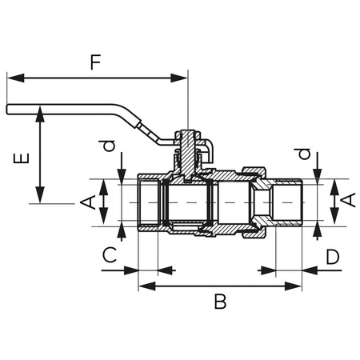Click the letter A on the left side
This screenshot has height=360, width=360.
(91, 200)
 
